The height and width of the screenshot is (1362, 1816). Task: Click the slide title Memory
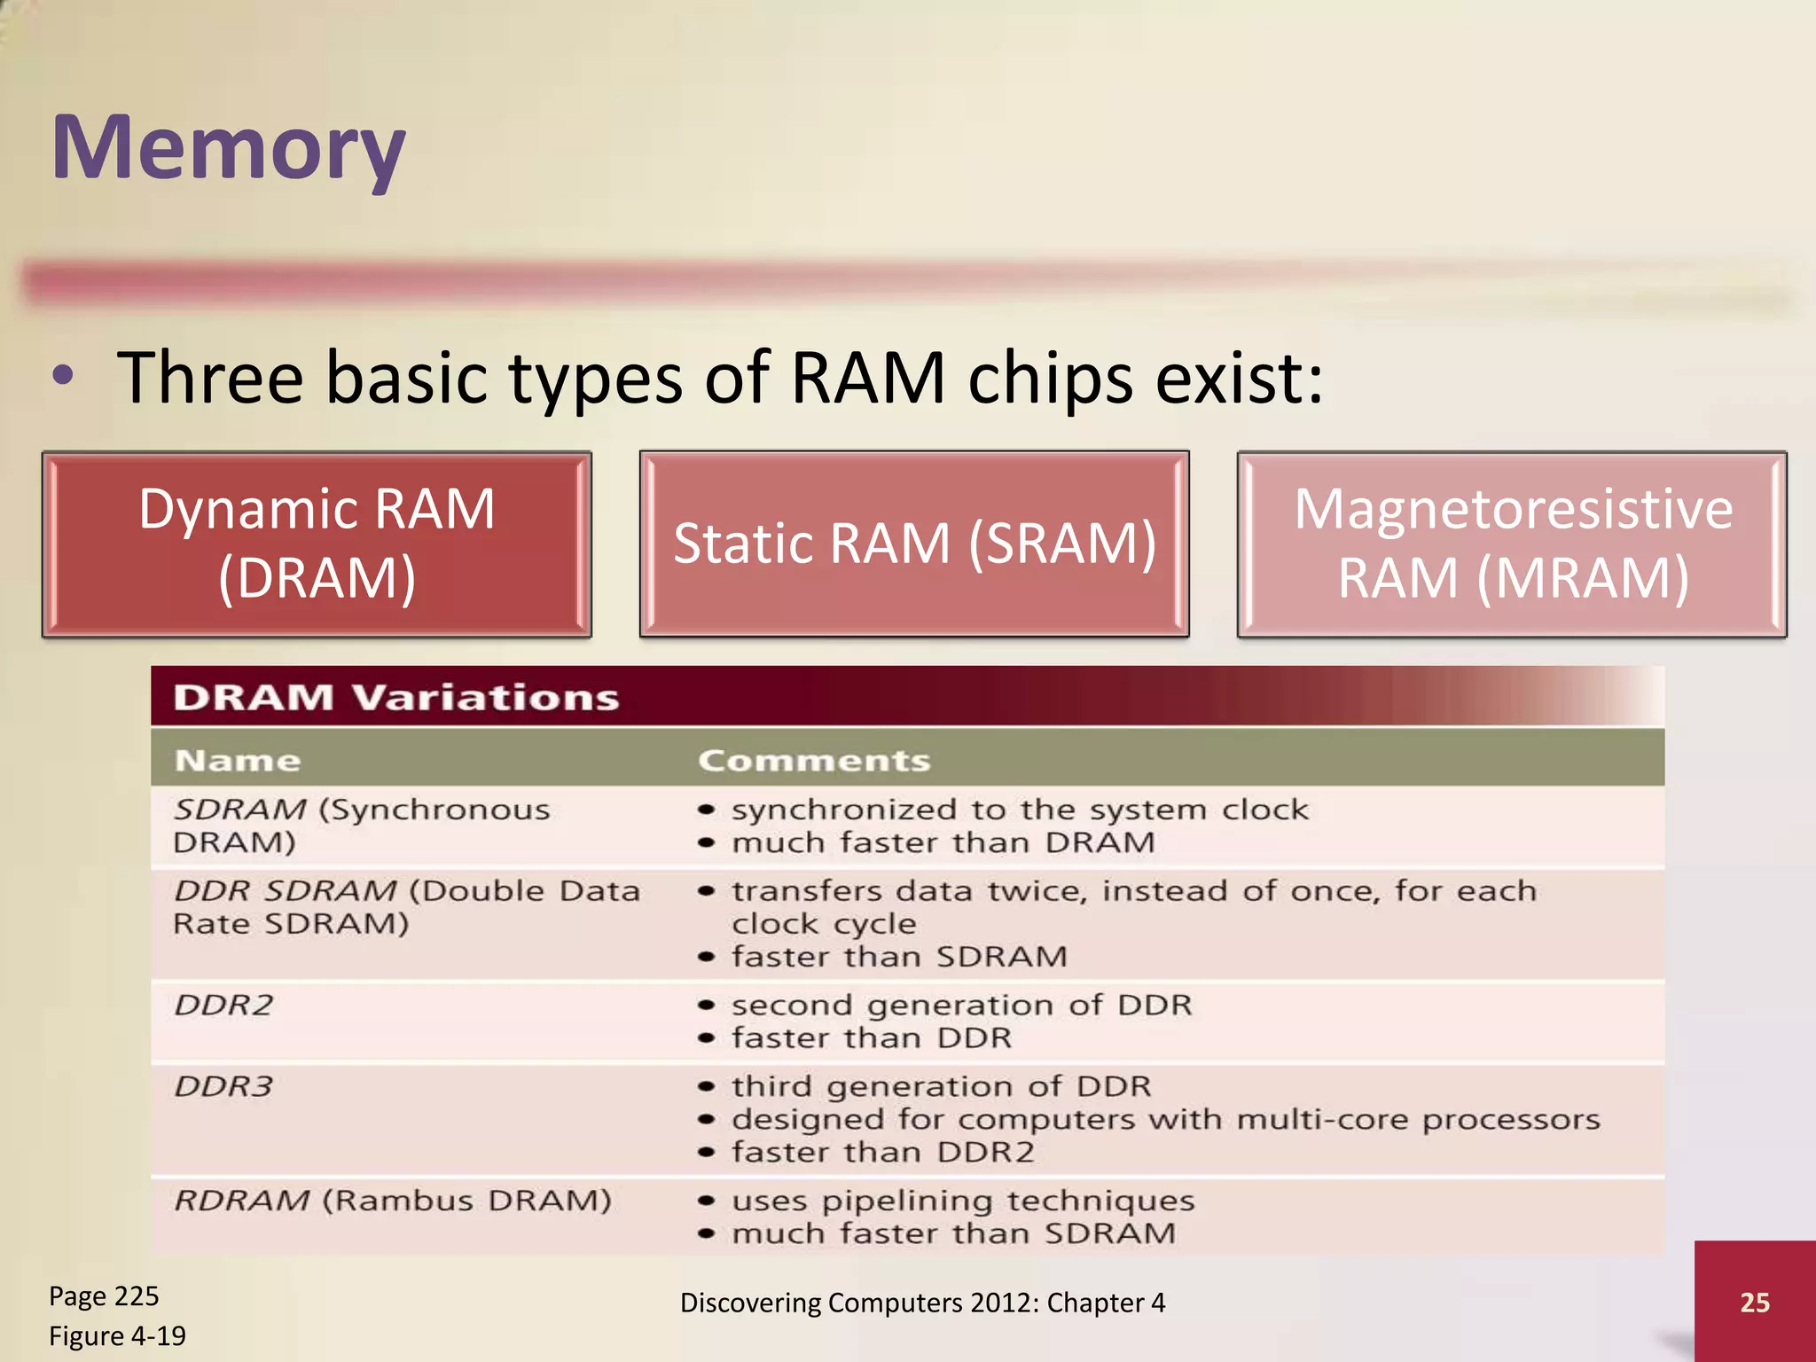[x=229, y=148]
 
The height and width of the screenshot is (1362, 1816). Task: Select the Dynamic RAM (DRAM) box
[x=317, y=544]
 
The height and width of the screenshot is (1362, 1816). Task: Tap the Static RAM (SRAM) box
[x=914, y=544]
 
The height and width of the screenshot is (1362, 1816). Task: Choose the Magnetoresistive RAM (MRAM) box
[x=1512, y=544]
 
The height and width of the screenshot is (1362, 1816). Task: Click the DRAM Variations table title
[x=395, y=698]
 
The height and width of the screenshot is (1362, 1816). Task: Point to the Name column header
[x=238, y=761]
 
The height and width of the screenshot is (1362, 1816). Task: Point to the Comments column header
[x=814, y=761]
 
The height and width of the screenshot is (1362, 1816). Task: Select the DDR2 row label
[x=223, y=1006]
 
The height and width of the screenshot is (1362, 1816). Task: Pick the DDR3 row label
[x=223, y=1086]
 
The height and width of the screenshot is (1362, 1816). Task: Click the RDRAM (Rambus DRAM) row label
[x=393, y=1201]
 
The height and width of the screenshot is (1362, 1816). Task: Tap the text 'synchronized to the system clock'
[x=1020, y=810]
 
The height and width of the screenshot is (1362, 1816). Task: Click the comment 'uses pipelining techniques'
[x=963, y=1201]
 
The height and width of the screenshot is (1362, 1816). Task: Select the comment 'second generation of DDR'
[x=961, y=1006]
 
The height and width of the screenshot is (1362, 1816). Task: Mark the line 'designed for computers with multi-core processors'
[x=1165, y=1119]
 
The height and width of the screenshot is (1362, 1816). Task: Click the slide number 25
[x=1755, y=1302]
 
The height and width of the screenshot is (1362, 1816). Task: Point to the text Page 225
[x=104, y=1296]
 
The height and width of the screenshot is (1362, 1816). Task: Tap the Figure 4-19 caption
[x=117, y=1335]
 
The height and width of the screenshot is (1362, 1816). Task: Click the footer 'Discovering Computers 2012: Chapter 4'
[x=922, y=1303]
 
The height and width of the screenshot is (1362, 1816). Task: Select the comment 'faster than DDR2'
[x=882, y=1152]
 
